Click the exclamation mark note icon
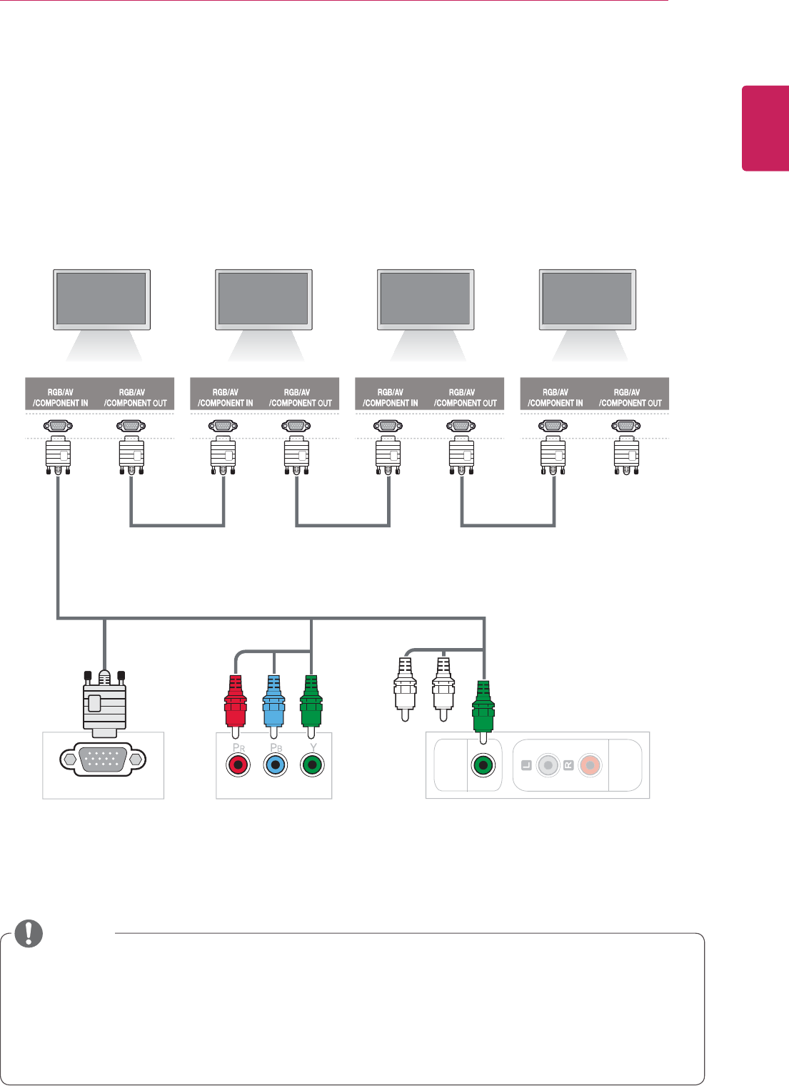click(x=29, y=933)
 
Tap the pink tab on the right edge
click(x=765, y=129)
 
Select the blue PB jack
click(x=274, y=766)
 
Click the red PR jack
click(x=238, y=766)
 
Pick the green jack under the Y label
click(x=311, y=766)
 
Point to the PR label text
click(x=238, y=747)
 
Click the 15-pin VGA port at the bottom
click(x=104, y=759)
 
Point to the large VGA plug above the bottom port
click(x=104, y=703)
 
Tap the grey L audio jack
click(x=548, y=766)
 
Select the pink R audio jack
click(x=590, y=766)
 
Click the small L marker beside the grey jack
click(x=526, y=766)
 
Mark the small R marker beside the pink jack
click(x=568, y=766)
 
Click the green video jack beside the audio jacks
click(x=483, y=766)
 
